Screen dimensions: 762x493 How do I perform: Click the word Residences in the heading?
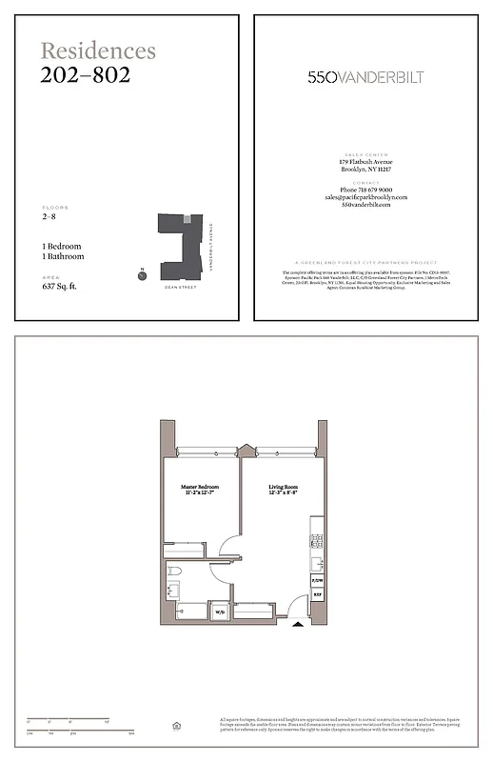tap(98, 50)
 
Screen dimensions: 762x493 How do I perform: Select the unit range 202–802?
tap(86, 74)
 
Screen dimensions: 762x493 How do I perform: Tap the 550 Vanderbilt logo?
tap(365, 77)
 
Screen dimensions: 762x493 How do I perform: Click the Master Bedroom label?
tap(201, 490)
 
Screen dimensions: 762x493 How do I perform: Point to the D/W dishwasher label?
tap(317, 578)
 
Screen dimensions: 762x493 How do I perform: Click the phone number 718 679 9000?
tap(365, 190)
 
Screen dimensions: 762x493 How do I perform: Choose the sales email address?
tap(365, 197)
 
